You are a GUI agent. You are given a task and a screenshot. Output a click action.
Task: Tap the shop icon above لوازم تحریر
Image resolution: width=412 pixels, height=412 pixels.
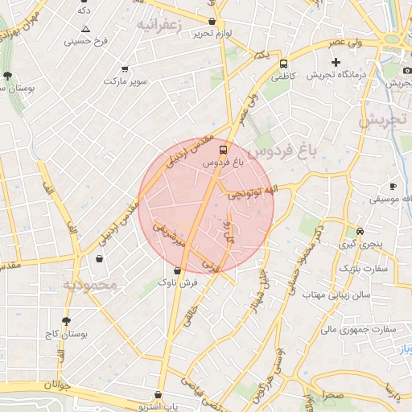(212, 22)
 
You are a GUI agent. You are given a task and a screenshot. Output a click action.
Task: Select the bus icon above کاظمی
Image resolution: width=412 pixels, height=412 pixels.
(283, 64)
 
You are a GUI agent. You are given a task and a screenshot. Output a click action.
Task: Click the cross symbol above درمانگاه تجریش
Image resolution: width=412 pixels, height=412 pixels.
(336, 62)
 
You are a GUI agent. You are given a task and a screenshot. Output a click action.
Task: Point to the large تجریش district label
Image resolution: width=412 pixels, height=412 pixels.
(384, 121)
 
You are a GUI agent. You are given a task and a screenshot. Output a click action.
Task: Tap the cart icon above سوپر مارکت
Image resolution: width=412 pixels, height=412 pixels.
(124, 70)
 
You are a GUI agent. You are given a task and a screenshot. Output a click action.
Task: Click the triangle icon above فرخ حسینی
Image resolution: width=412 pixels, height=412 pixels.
(86, 28)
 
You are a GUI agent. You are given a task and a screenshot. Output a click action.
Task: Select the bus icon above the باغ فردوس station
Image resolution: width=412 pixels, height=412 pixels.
(223, 149)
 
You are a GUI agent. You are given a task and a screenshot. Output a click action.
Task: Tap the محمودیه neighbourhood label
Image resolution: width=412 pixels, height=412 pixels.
(91, 285)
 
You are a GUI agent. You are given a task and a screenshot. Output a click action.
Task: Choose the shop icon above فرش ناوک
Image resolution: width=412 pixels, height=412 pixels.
(177, 270)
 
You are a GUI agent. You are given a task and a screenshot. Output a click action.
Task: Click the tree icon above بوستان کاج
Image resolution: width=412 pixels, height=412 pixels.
(66, 320)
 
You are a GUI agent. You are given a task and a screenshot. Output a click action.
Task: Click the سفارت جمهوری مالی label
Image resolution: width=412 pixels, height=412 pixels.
(355, 328)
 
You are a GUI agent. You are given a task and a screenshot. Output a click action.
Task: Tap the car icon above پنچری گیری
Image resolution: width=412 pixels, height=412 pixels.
(360, 230)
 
